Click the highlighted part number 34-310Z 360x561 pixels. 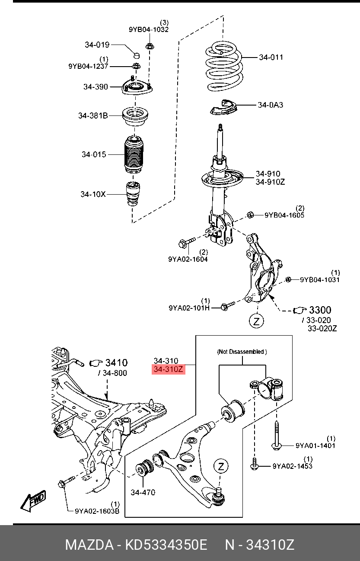coord(169,369)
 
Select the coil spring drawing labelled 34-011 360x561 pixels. coord(223,69)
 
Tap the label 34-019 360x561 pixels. coord(97,45)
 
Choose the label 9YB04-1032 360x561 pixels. coord(149,29)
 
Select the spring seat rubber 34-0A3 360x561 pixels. coord(224,107)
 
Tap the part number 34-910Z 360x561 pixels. coord(270,182)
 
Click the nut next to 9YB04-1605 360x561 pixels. coord(250,215)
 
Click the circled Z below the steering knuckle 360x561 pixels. coord(256,321)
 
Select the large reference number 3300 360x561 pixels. coord(320,310)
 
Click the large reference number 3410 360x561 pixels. coord(116,362)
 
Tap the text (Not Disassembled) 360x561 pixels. coord(242,352)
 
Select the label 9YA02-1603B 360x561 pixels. coord(97,511)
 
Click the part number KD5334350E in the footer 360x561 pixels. coord(166,545)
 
